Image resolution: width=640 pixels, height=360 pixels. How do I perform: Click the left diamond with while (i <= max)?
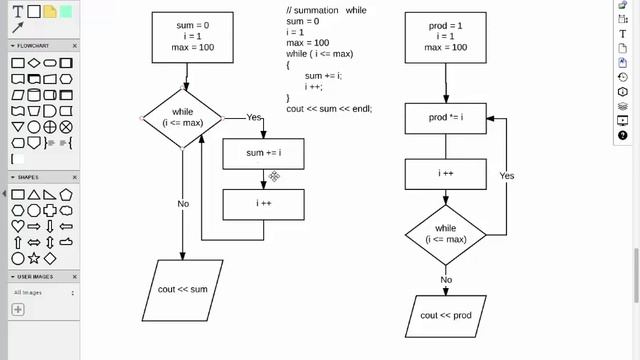click(182, 118)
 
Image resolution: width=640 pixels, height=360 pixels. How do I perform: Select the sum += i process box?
click(263, 153)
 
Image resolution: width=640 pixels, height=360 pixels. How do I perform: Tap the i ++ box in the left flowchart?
click(263, 204)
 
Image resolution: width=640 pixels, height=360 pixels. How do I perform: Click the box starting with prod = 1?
click(445, 37)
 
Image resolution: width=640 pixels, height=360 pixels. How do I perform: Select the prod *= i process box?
click(445, 118)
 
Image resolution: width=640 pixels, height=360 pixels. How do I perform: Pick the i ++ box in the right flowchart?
click(445, 174)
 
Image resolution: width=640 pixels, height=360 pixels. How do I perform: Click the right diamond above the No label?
click(445, 235)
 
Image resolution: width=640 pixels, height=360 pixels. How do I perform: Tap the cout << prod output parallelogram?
click(445, 315)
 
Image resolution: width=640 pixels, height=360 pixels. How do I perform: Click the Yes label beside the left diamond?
click(255, 117)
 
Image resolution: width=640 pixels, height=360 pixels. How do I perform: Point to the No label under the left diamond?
click(183, 203)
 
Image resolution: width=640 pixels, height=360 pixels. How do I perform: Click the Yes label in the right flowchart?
click(507, 176)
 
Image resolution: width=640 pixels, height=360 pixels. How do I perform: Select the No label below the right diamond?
click(446, 279)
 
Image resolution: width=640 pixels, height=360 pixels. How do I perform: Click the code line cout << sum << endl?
click(328, 108)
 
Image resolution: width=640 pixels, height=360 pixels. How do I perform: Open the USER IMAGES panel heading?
click(37, 276)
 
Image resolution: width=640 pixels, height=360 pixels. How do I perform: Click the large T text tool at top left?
click(17, 11)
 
